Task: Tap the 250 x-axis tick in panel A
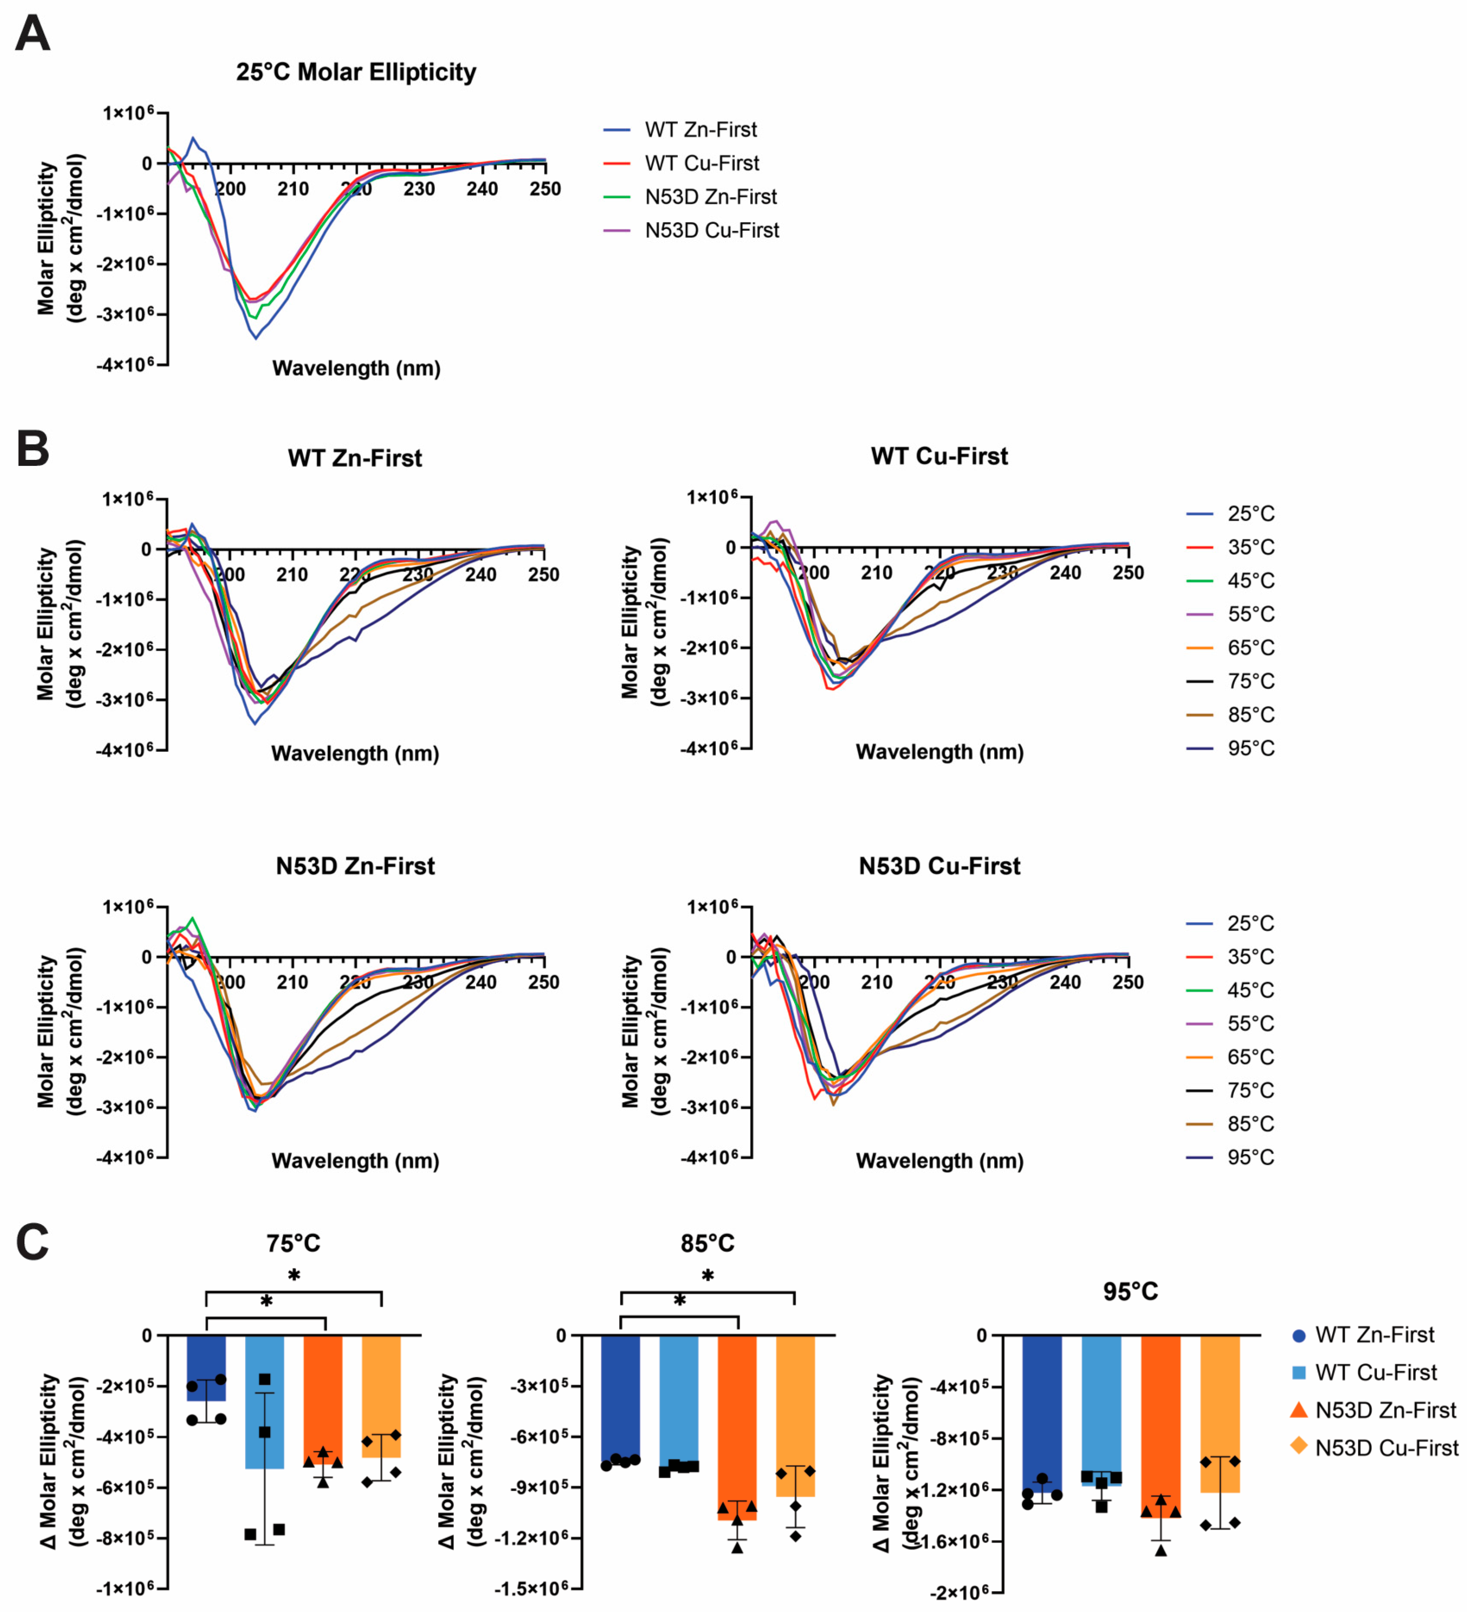[x=545, y=189]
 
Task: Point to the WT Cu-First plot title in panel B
[x=939, y=457]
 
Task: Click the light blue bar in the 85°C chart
[x=679, y=1399]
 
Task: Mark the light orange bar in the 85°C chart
[x=796, y=1415]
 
